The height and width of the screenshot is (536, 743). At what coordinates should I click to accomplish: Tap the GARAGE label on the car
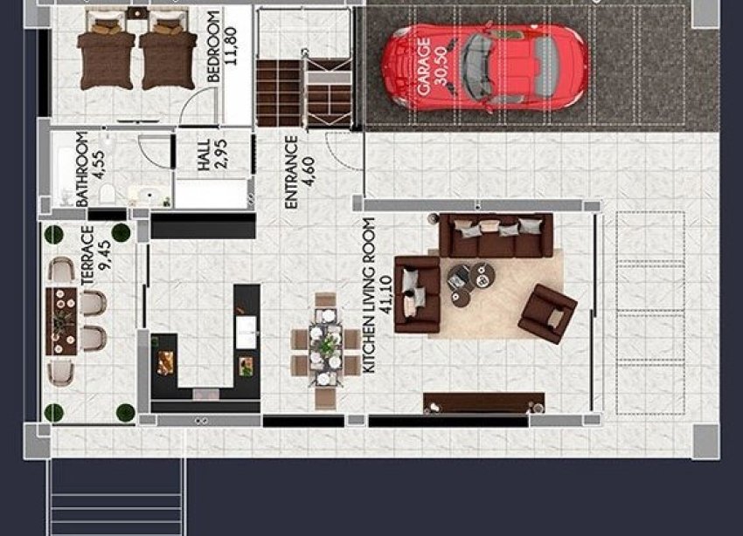pos(424,66)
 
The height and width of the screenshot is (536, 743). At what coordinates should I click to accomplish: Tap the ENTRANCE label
pos(291,172)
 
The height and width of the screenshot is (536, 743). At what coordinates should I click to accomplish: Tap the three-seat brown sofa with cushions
pos(496,235)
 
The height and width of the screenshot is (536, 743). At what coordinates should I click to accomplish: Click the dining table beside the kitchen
pos(325,349)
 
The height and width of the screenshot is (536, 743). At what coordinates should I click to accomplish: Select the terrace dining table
pos(61,321)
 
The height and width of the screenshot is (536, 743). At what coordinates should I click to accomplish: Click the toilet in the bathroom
pos(104,194)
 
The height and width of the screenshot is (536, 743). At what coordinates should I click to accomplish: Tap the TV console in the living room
pos(483,402)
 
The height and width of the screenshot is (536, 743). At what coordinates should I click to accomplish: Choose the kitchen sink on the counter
pos(246,328)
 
